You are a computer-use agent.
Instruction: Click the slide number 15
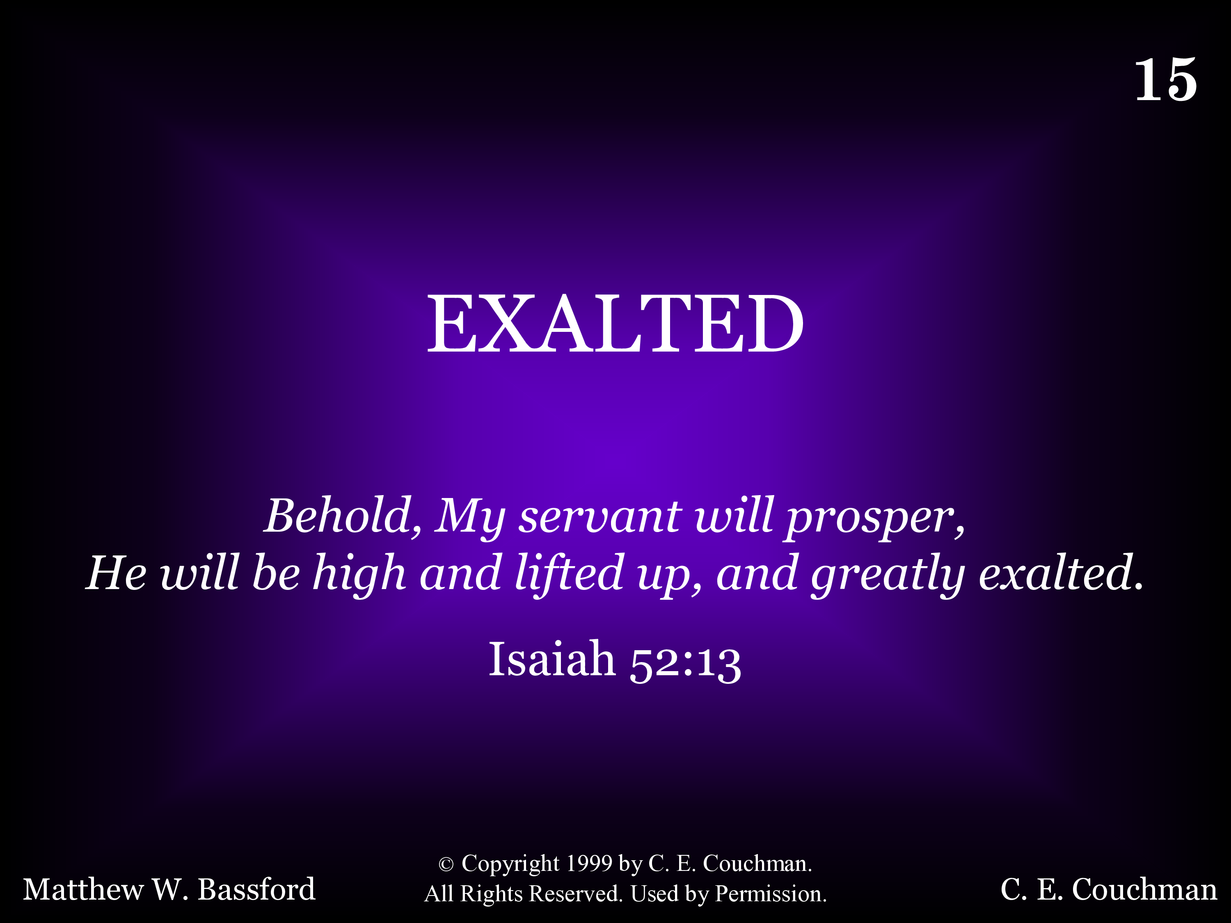coord(1165,80)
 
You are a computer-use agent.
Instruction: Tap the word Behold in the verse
coord(339,515)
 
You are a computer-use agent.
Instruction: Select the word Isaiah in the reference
coord(551,659)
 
